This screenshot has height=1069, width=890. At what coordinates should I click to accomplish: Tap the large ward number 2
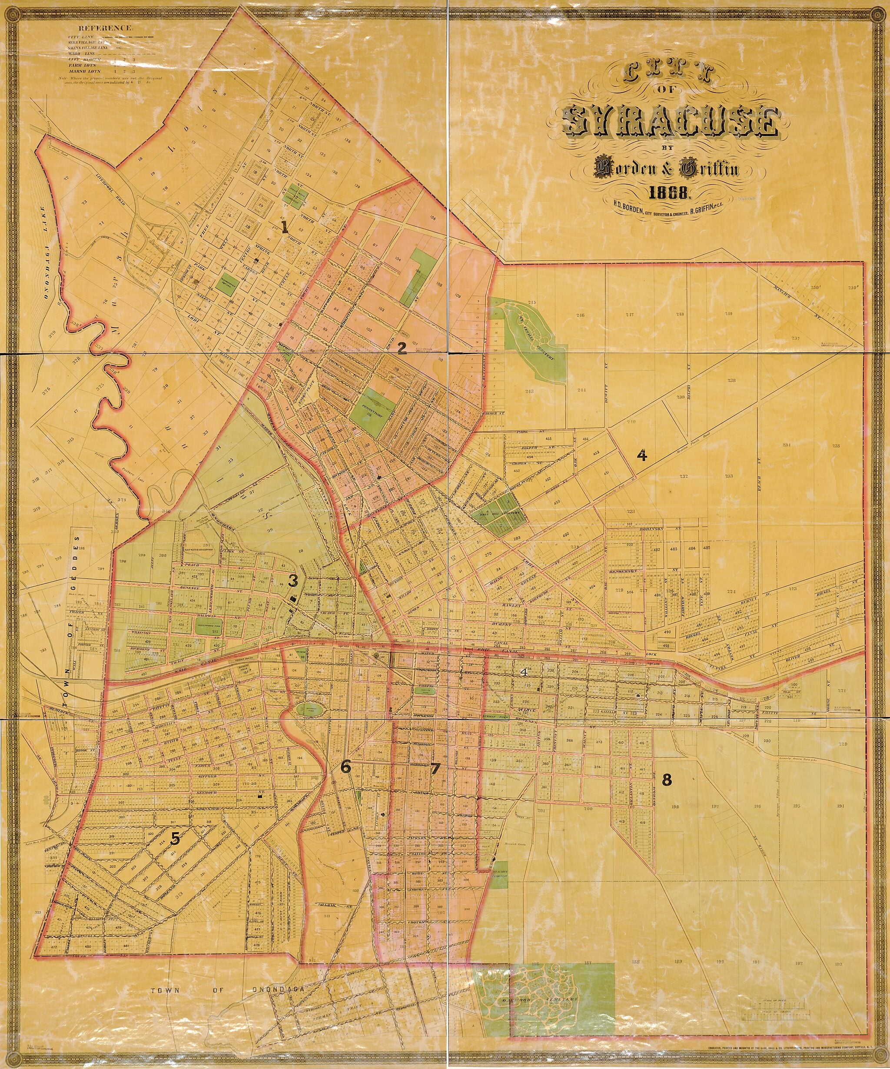click(x=402, y=348)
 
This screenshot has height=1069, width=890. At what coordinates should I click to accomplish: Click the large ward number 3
click(x=293, y=580)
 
